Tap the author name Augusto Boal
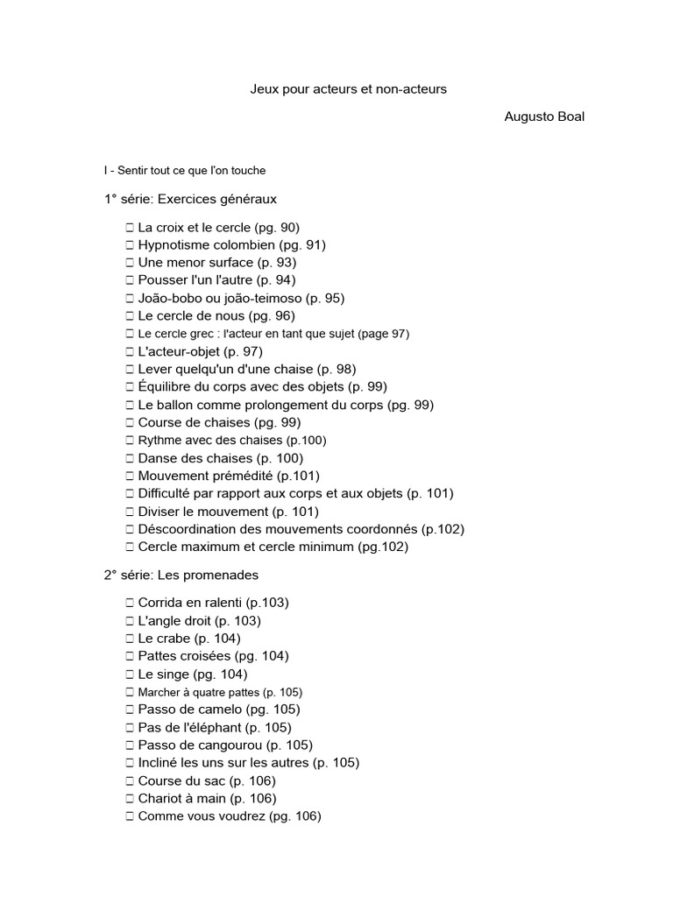[544, 117]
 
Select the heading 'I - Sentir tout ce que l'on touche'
[184, 171]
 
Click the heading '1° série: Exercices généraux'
[190, 199]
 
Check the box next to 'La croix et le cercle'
[130, 228]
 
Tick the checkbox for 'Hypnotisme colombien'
[130, 245]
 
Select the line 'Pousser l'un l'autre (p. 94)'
[216, 280]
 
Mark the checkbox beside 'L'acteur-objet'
[130, 351]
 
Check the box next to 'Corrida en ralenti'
[130, 603]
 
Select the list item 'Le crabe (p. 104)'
[189, 639]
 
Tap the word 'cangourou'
[234, 745]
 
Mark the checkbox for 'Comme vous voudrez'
[130, 816]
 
